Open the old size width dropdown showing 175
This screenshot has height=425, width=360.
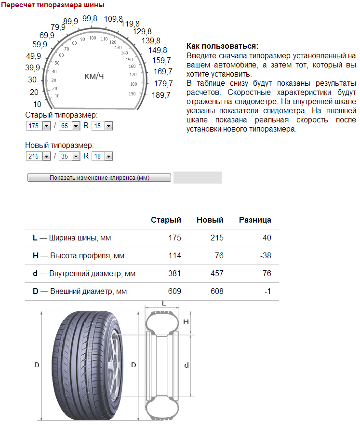39,126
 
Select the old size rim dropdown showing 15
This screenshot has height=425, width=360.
102,126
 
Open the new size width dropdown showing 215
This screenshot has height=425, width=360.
39,156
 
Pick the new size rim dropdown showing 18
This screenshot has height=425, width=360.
102,156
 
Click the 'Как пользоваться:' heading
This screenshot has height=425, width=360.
222,46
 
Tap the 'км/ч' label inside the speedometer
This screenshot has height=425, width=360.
94,76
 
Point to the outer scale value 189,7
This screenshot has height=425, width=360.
161,95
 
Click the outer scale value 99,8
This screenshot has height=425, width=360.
90,19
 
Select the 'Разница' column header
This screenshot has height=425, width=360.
255,220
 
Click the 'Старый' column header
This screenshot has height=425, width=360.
166,220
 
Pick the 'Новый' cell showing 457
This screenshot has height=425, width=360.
217,273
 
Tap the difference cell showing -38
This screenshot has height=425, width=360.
265,255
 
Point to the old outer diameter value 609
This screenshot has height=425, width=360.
174,291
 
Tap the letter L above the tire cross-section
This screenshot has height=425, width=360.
164,304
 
